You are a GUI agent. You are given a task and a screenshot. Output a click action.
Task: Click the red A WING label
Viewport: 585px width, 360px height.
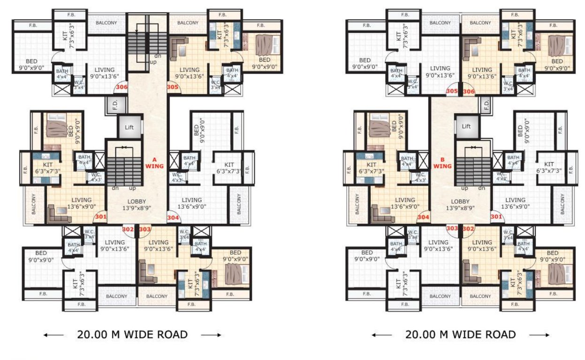coord(153,162)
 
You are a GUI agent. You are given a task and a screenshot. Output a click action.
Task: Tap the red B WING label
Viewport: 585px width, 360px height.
coord(442,162)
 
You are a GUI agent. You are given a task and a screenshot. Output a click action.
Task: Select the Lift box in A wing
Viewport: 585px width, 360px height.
coord(129,127)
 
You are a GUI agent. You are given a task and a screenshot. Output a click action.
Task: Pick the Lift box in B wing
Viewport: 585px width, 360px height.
coord(466,127)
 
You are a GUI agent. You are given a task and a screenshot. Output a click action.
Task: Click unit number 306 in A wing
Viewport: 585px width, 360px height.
coord(122,87)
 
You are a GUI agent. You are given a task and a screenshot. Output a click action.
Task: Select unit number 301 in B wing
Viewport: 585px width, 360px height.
coord(496,217)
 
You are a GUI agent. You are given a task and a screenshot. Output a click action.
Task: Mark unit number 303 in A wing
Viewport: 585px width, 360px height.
coord(145,229)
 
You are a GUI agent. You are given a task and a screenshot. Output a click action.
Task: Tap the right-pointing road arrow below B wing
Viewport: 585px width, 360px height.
coord(540,335)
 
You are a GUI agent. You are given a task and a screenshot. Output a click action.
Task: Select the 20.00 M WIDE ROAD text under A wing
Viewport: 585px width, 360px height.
coord(132,335)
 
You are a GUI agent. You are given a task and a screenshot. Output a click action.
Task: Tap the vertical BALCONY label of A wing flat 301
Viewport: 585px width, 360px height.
coord(34,204)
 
